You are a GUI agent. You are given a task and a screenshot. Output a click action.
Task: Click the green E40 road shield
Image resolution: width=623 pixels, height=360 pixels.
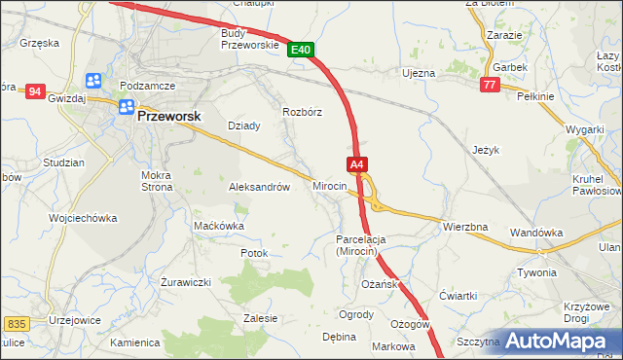click(300, 49)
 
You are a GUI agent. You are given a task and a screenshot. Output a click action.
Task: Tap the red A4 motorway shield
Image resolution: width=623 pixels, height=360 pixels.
click(356, 164)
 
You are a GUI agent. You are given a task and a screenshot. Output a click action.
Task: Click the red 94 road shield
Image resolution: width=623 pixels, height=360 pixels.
click(36, 91)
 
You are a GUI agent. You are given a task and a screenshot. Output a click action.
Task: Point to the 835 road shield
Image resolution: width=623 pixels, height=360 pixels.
click(16, 322)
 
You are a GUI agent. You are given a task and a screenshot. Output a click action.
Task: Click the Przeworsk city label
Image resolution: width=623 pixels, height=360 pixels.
click(168, 115)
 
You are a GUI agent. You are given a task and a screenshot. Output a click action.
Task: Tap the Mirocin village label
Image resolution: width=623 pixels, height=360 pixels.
click(330, 185)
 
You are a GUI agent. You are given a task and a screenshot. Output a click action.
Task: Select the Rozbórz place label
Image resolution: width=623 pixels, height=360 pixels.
click(302, 112)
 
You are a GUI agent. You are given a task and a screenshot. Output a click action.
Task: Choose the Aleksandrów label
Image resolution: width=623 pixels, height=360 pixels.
click(259, 187)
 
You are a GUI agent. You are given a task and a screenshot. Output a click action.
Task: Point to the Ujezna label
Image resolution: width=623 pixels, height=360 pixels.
click(418, 73)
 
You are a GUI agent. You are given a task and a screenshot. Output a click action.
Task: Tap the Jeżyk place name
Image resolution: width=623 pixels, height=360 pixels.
click(485, 150)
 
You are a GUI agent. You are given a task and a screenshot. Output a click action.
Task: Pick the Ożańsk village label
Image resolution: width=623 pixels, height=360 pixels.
click(380, 283)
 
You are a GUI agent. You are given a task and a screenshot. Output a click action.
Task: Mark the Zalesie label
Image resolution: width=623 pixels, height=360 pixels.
click(261, 318)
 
